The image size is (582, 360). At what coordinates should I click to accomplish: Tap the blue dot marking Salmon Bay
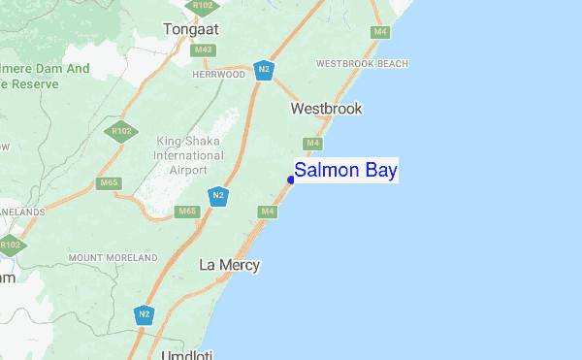tap(291, 179)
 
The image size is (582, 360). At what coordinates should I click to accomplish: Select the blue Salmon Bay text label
tap(346, 171)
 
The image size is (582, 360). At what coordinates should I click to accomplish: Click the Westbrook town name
tap(326, 109)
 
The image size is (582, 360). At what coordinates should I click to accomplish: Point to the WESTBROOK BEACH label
tap(362, 63)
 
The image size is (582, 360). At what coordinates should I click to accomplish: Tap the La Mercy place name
tap(229, 264)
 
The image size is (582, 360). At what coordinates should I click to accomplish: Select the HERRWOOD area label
tap(218, 75)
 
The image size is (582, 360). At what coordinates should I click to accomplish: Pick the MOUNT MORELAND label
tap(113, 258)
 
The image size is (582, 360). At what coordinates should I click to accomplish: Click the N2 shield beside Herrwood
tap(263, 70)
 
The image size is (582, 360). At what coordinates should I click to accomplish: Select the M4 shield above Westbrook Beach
tap(381, 32)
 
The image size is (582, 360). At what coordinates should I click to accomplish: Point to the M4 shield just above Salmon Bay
tap(312, 144)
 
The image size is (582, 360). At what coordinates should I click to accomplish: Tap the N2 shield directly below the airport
tap(219, 196)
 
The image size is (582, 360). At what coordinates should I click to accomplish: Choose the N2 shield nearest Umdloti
tap(145, 314)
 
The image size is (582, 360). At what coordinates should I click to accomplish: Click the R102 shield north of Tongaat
tap(203, 6)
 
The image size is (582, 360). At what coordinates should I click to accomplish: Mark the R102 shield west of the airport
tap(121, 131)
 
